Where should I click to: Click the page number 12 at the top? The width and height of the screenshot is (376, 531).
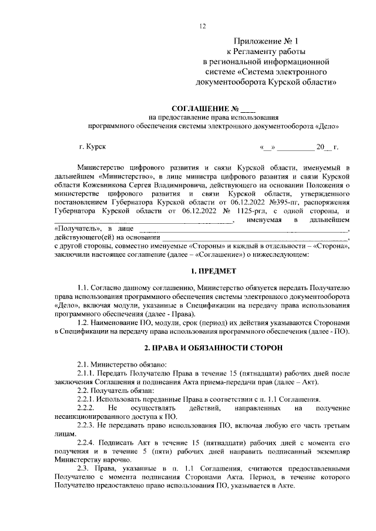click(x=203, y=26)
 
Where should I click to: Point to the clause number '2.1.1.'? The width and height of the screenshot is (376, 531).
click(x=88, y=374)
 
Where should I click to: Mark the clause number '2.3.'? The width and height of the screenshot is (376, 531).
click(x=85, y=468)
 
